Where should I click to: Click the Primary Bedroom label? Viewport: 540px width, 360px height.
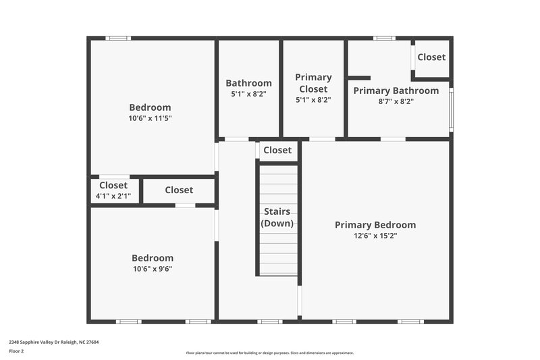[375, 225]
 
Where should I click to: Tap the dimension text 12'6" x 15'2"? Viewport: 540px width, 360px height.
[375, 236]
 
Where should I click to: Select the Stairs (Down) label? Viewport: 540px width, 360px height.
[277, 217]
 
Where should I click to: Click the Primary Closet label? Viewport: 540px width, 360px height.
[313, 83]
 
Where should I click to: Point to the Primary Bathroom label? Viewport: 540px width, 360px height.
[396, 91]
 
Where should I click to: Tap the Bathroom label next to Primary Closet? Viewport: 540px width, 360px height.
[248, 83]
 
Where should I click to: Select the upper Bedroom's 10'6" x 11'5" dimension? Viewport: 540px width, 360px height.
[150, 118]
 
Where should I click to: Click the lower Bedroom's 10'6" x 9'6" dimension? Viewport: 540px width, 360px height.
[152, 269]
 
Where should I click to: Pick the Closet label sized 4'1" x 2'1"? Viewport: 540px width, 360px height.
[113, 185]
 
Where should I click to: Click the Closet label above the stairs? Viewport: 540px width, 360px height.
[277, 150]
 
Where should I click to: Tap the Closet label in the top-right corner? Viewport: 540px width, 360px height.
[431, 57]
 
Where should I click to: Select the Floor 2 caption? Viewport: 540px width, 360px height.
[16, 351]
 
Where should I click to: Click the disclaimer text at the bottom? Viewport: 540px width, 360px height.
[269, 353]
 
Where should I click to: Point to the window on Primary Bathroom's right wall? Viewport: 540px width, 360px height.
[452, 109]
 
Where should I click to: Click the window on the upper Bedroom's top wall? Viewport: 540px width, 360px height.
[118, 38]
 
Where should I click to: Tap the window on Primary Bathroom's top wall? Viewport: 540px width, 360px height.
[384, 38]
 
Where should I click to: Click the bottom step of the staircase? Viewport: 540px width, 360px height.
[278, 269]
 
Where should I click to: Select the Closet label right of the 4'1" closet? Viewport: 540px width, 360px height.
[179, 190]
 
